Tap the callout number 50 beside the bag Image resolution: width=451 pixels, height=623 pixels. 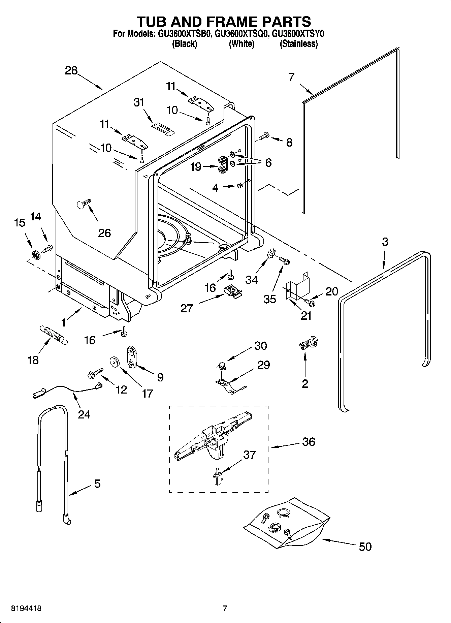coord(365,546)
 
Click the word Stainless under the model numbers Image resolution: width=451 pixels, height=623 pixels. coord(298,44)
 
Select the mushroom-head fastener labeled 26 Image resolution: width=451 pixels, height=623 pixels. coord(84,203)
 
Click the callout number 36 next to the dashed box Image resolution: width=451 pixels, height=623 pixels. coord(309,441)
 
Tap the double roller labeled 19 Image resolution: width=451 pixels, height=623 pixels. coord(222,165)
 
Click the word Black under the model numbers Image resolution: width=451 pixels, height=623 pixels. coord(184,44)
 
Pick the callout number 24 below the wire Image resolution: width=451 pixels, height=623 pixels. coord(84,414)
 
